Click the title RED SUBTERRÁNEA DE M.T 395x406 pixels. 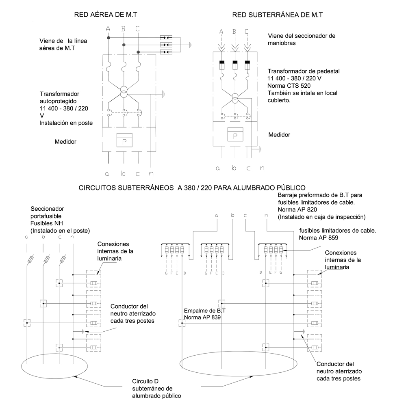click(x=278, y=15)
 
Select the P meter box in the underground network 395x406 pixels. click(x=234, y=136)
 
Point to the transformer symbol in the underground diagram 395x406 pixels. click(x=234, y=98)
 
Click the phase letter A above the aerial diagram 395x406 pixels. click(x=108, y=28)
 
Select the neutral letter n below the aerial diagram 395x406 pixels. click(x=152, y=174)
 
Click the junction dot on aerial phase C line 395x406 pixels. click(x=138, y=52)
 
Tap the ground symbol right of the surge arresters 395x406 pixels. click(x=189, y=45)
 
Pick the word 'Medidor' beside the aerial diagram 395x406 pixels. click(x=65, y=142)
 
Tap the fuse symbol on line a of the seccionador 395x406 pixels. click(x=31, y=260)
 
